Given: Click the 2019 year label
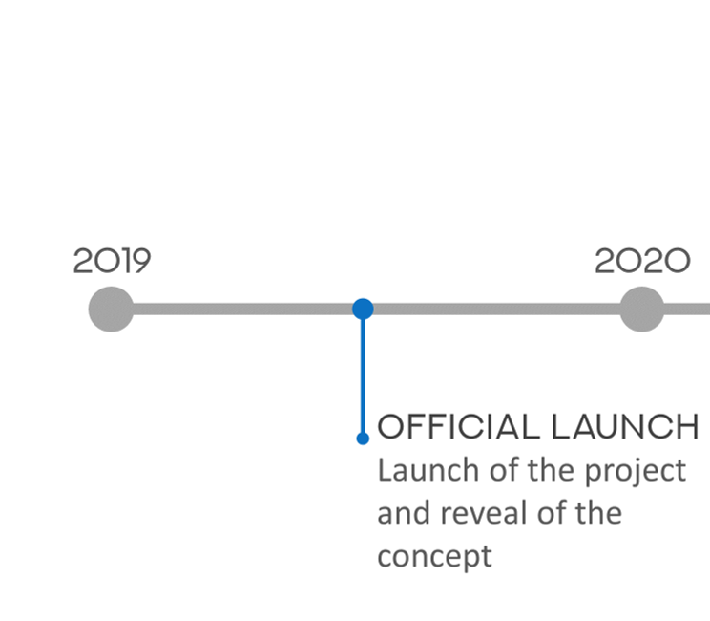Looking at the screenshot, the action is click(112, 261).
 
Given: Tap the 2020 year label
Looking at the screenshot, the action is click(642, 261).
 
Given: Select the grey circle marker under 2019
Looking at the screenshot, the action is click(111, 310).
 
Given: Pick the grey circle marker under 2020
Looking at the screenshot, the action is click(641, 310).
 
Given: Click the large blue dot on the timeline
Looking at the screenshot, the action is click(363, 310).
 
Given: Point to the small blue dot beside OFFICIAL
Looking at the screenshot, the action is click(363, 439).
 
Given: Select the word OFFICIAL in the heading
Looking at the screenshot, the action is click(458, 427).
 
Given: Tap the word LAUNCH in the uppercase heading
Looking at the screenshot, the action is click(625, 427).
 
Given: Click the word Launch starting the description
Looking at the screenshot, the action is click(428, 470).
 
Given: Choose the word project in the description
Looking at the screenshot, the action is click(636, 472).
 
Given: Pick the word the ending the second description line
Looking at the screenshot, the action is click(598, 513).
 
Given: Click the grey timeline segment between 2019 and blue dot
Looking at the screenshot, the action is click(242, 310).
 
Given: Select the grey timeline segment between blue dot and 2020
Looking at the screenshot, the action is click(496, 310).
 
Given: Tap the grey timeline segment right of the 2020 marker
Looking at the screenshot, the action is click(687, 310).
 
